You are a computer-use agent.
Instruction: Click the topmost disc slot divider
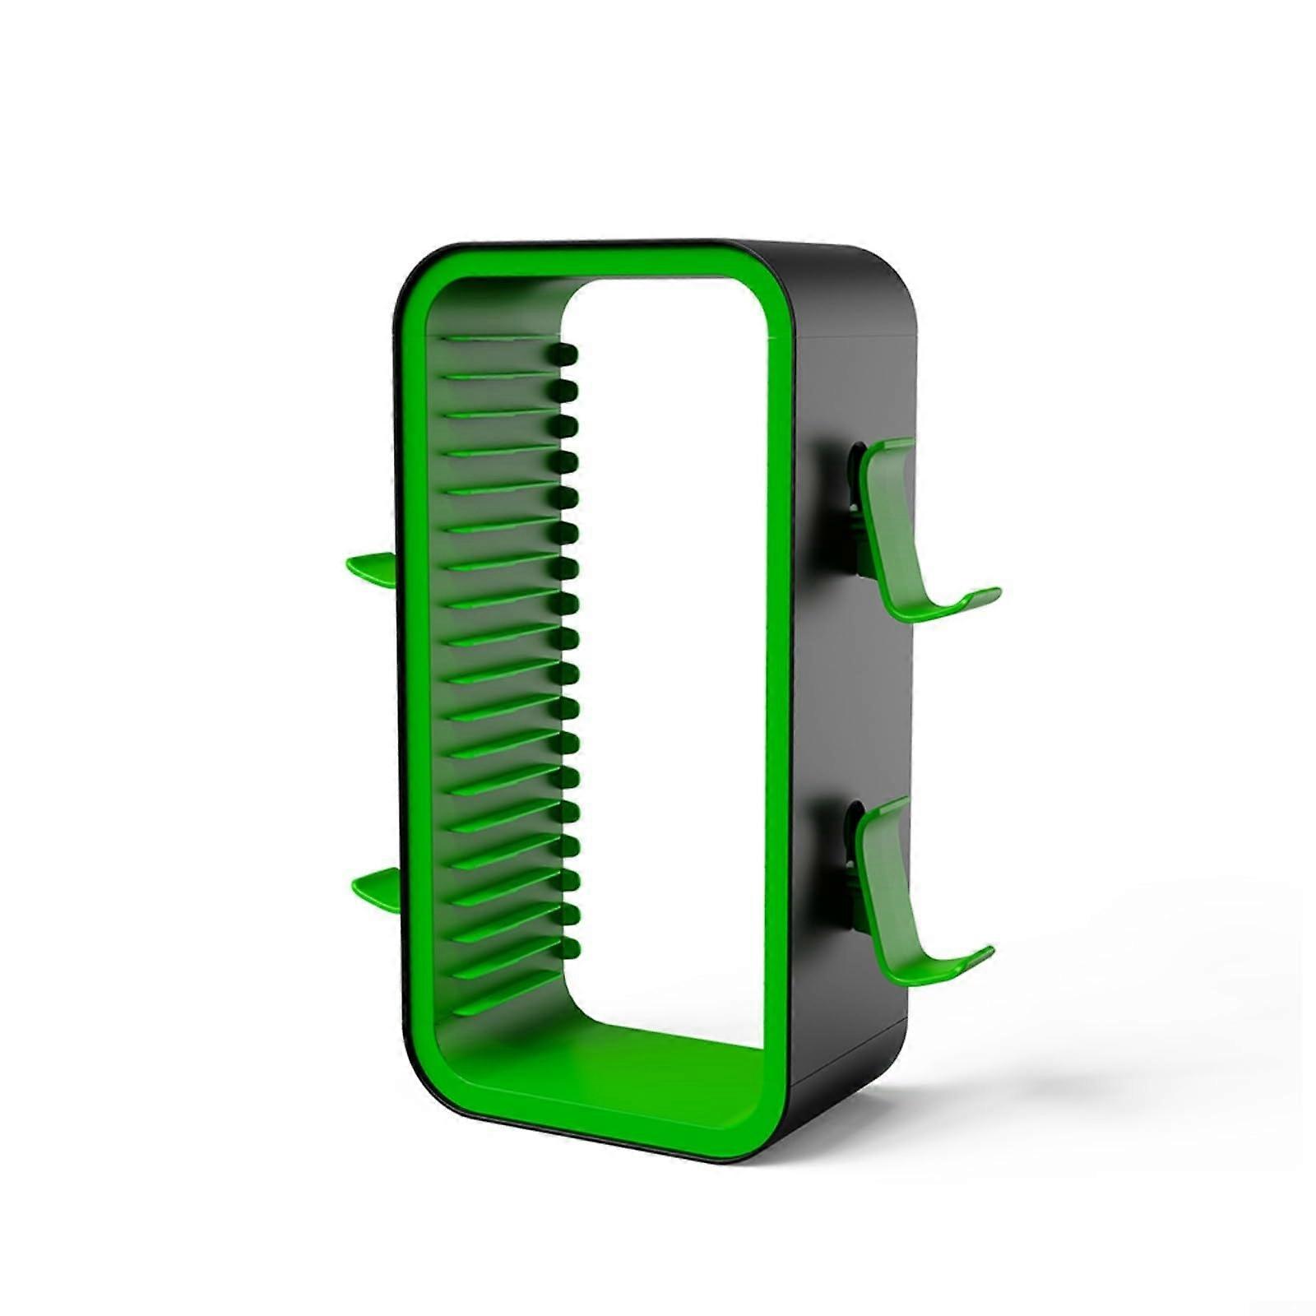(x=493, y=339)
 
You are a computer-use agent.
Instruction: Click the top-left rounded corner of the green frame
(x=428, y=276)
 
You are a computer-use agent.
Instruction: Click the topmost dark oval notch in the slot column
(x=565, y=355)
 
